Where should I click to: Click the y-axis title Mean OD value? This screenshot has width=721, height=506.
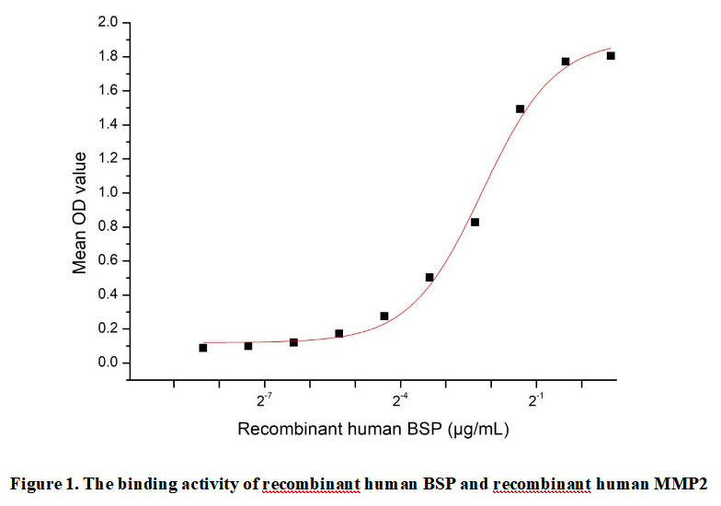(80, 212)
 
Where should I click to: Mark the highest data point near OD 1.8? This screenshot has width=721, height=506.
(611, 56)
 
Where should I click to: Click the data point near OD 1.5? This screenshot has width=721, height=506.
(520, 109)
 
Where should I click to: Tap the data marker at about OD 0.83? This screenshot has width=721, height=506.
(475, 222)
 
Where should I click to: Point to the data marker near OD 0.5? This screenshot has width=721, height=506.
(429, 277)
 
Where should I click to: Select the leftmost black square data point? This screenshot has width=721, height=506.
(202, 348)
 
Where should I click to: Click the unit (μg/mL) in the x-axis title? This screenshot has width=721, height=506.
(478, 429)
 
